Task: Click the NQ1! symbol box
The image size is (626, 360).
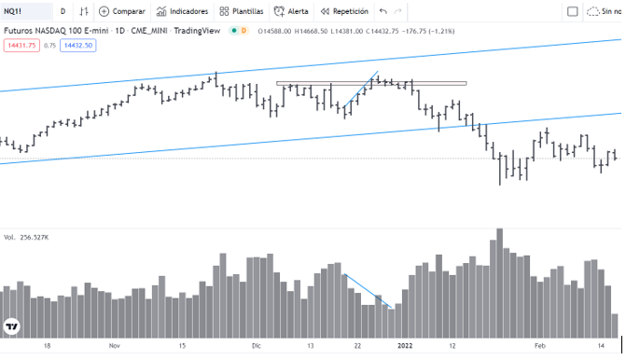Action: click(26, 11)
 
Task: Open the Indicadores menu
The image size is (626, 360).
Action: click(183, 11)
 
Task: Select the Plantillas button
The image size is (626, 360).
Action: click(242, 11)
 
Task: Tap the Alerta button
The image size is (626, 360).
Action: click(291, 11)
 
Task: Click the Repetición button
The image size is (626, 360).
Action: click(344, 11)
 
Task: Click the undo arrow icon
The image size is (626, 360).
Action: click(383, 11)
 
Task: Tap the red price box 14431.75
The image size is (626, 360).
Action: click(21, 46)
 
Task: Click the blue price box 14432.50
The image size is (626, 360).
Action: click(78, 46)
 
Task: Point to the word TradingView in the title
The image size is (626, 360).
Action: click(197, 31)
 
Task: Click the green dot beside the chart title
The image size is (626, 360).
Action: click(234, 31)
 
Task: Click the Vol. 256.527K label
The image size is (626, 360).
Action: click(26, 238)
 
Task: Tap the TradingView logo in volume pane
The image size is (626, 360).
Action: click(12, 326)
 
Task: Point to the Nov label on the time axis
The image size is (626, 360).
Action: click(115, 346)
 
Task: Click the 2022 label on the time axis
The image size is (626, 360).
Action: click(405, 346)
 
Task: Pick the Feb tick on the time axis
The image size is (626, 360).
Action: click(540, 346)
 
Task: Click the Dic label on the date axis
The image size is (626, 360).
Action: click(257, 346)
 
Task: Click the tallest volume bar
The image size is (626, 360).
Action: click(499, 284)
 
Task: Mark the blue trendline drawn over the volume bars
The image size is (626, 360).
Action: click(368, 291)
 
